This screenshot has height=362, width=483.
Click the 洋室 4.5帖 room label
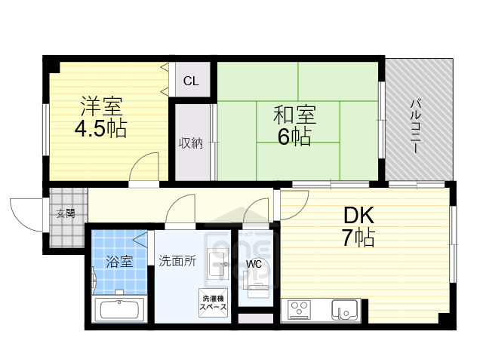[x=100, y=118]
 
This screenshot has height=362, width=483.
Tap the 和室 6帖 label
[x=294, y=126]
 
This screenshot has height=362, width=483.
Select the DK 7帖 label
[x=356, y=227]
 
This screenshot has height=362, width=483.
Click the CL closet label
[x=191, y=81]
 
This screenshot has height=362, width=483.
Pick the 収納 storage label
[x=190, y=143]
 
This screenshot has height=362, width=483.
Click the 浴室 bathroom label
[x=118, y=262]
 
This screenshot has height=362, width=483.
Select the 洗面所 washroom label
[x=177, y=261]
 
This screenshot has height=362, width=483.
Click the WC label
[x=254, y=264]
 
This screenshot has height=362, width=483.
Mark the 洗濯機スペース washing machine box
[x=214, y=303]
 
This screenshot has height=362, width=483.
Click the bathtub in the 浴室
[x=118, y=310]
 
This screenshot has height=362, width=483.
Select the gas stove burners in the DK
[x=300, y=309]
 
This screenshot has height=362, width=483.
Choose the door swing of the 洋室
[x=146, y=167]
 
